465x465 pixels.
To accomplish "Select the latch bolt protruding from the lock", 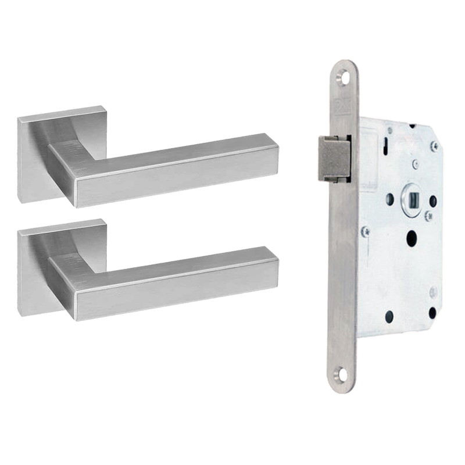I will point(335,157).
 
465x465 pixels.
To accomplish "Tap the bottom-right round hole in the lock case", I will point(432,314).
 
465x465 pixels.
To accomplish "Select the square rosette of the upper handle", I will point(35,157).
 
